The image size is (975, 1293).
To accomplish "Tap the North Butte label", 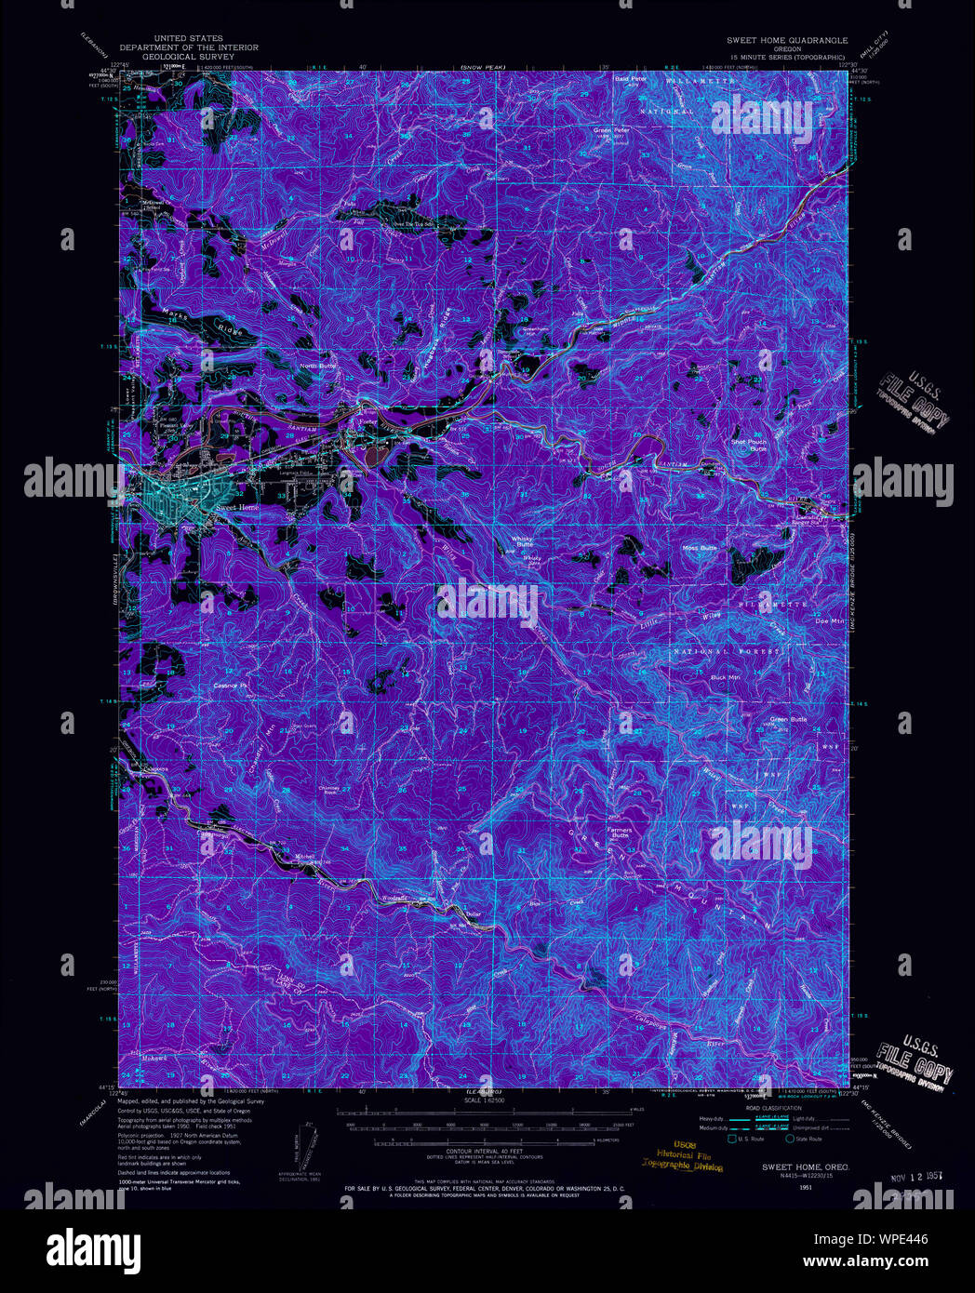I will tap(316, 366).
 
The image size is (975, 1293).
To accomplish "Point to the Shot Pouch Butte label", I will tap(749, 445).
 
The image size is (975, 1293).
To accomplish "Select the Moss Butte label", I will tap(700, 548).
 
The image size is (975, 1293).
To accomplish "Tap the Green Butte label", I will tap(788, 719).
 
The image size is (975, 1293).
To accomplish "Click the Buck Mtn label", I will tap(725, 677).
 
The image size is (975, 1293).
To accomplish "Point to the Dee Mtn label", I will tap(827, 620).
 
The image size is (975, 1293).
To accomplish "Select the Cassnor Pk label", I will tap(233, 686).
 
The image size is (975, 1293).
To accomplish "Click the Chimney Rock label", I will tap(329, 790).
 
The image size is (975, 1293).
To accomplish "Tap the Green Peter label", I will tap(611, 130).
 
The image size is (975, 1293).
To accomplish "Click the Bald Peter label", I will tap(630, 79).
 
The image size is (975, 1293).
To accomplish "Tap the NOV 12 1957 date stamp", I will tap(910, 1175).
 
